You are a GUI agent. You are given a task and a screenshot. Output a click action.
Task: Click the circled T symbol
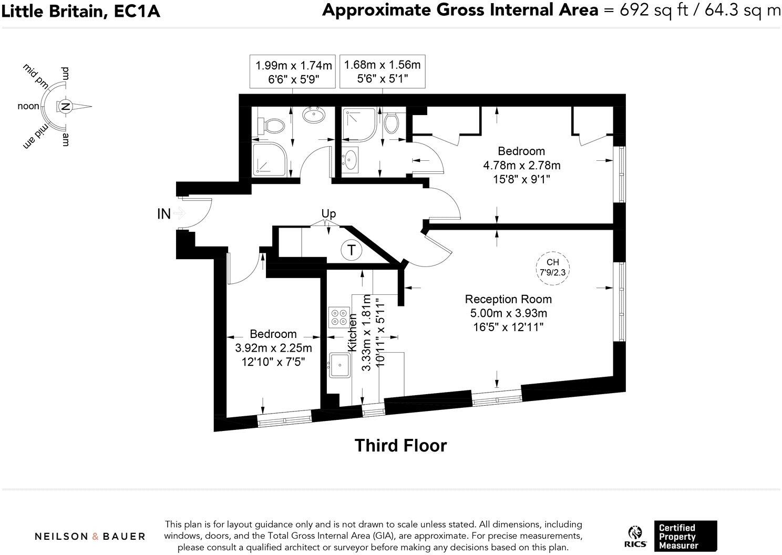[351, 250]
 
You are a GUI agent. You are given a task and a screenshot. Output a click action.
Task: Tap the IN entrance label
[164, 214]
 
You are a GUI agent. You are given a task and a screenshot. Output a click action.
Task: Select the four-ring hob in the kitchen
[337, 317]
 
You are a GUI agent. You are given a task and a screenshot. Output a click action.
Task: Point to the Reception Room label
[508, 299]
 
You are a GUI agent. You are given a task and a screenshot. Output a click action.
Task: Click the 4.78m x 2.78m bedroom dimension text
[521, 165]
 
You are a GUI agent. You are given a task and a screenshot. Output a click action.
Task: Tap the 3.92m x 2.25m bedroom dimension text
[273, 348]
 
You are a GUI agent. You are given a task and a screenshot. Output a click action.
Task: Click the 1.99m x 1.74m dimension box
[294, 72]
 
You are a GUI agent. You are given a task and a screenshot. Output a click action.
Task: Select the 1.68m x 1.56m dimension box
[382, 71]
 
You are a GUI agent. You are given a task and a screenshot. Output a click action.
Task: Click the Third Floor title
[400, 445]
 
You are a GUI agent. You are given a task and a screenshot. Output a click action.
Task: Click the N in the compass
[65, 107]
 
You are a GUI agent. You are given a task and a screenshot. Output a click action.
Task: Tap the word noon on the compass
[28, 106]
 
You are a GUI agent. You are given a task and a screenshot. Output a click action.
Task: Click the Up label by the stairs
[328, 213]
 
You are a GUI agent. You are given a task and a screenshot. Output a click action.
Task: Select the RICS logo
[636, 537]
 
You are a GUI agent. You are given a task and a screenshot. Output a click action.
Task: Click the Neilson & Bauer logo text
[90, 536]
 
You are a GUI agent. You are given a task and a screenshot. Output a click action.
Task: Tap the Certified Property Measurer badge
[685, 536]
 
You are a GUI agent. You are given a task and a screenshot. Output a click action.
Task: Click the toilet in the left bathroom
[272, 125]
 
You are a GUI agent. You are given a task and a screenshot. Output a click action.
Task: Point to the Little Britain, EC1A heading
[80, 11]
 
